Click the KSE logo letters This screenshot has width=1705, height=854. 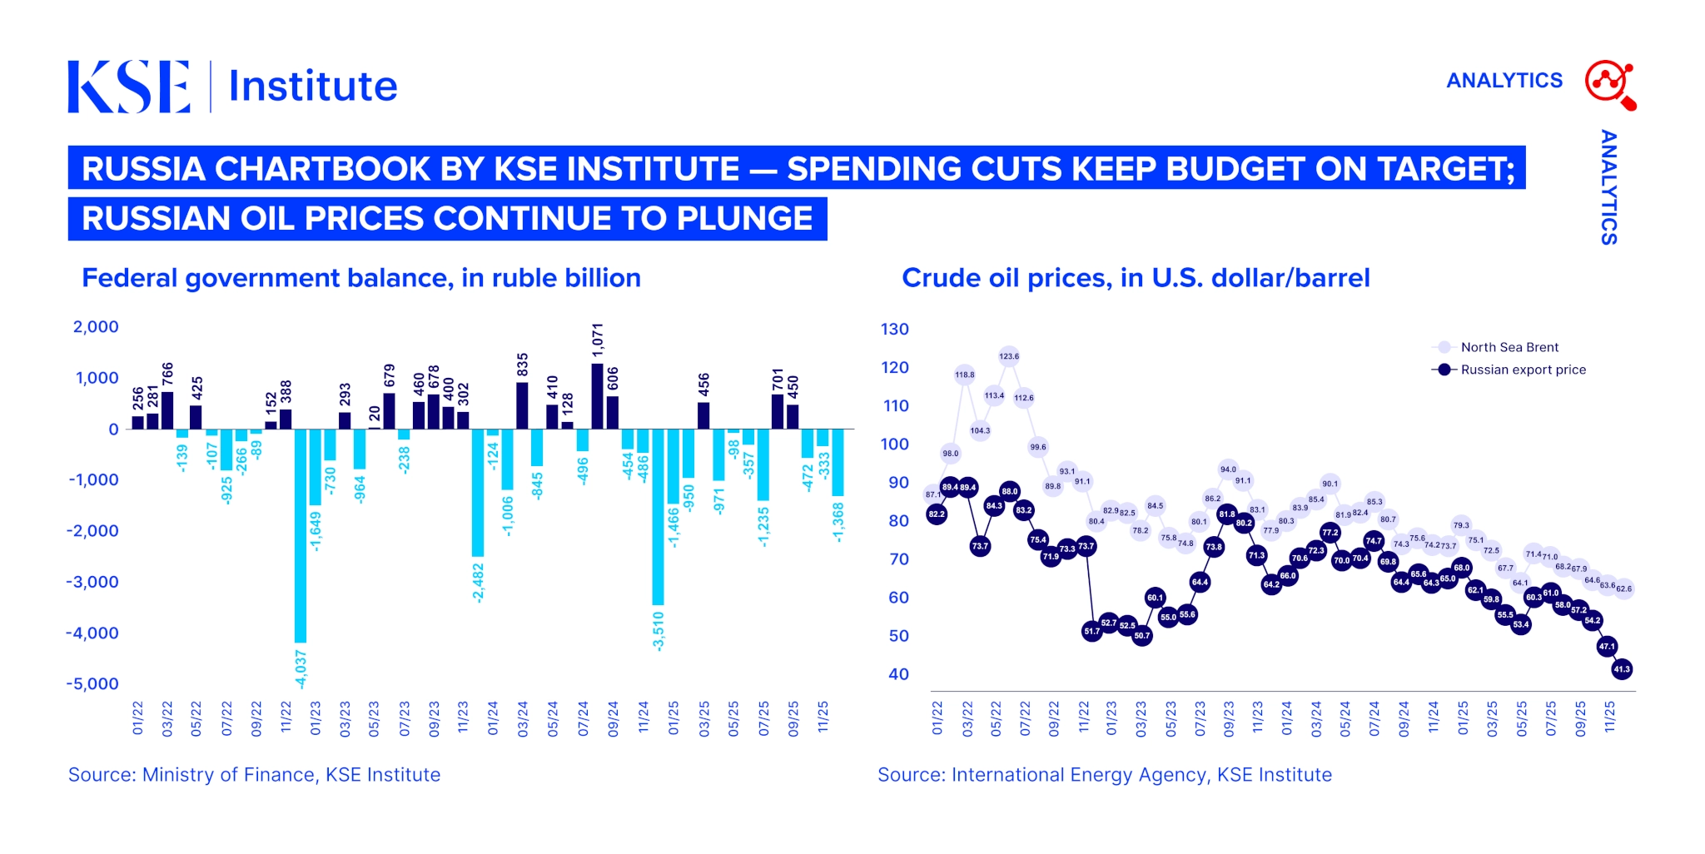tap(128, 87)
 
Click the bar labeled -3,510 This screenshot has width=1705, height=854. tap(658, 516)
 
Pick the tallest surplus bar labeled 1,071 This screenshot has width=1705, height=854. tap(597, 396)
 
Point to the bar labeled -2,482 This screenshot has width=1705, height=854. tap(478, 492)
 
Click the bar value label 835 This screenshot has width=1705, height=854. tap(523, 365)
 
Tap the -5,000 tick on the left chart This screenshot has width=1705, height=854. tap(92, 684)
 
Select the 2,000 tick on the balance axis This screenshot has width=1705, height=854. tap(96, 327)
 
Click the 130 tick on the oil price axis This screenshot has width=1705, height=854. tap(895, 330)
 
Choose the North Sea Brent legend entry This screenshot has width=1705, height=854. tap(1509, 347)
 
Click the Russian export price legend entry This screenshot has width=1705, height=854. tap(1523, 370)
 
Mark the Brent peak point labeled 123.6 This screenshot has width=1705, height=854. tap(1009, 356)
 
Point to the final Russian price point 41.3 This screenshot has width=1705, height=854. tap(1622, 669)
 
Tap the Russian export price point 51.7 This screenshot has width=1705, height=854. tap(1092, 632)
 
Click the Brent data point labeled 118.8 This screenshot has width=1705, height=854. tap(964, 375)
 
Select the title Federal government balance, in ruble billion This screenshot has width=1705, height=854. tap(361, 278)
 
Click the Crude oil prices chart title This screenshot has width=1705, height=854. tap(1136, 278)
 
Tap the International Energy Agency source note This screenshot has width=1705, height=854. tap(1104, 775)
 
